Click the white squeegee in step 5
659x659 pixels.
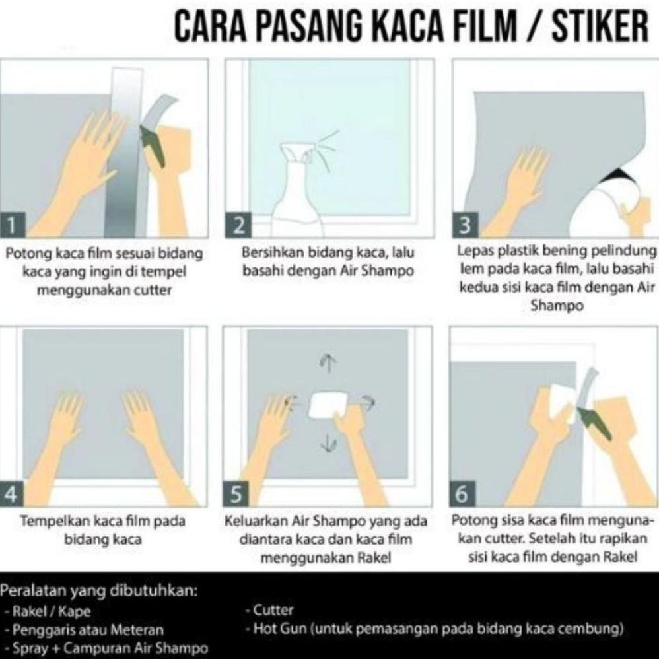(x=328, y=403)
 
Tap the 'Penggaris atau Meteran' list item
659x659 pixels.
(x=87, y=630)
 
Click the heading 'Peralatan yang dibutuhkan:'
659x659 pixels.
(x=100, y=590)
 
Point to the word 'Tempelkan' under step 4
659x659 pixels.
(x=49, y=522)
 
